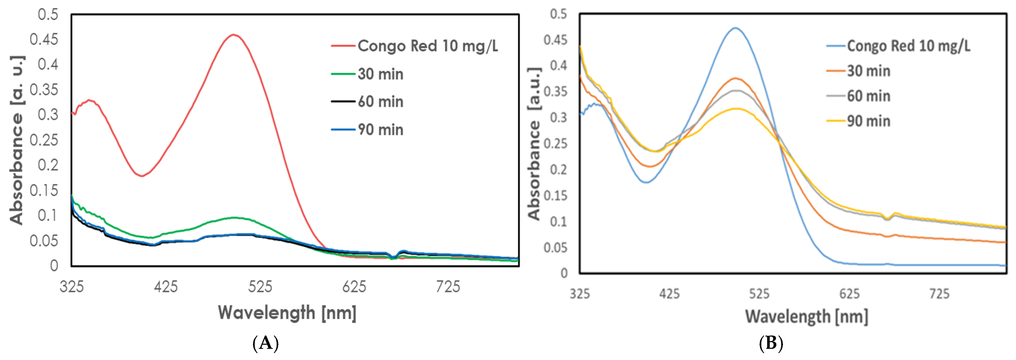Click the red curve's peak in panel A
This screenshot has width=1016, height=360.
pos(234,35)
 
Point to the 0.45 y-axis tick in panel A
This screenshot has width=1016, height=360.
pos(44,39)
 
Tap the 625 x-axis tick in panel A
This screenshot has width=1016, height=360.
pos(354,287)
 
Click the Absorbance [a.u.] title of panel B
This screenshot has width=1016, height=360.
pos(534,144)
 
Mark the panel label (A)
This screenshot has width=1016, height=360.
pos(265,343)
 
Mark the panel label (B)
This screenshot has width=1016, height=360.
pos(771,343)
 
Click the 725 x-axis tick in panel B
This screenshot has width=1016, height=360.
pos(939,294)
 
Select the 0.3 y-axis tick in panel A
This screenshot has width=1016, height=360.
pos(48,115)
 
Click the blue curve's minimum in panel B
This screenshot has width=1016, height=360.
pos(646,182)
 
